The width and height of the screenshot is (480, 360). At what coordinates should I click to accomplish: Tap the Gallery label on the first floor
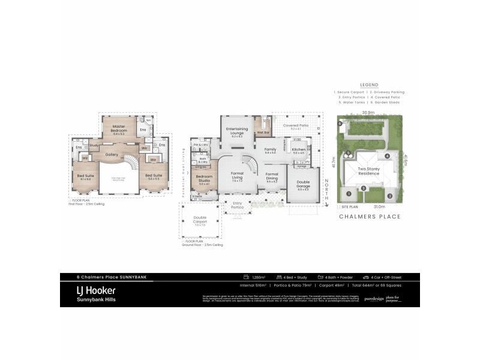[x=112, y=154]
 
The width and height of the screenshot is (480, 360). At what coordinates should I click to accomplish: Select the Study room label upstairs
[x=94, y=145]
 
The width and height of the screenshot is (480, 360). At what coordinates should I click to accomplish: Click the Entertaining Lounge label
[x=237, y=130]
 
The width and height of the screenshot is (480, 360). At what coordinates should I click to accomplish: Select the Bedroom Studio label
[x=203, y=181]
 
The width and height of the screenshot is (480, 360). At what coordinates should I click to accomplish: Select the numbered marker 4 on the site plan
[x=388, y=156]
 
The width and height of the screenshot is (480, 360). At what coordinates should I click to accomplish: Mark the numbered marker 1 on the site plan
[x=347, y=193]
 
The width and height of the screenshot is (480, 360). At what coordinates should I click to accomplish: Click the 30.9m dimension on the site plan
[x=368, y=112]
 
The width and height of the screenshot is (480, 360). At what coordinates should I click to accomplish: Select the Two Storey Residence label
[x=369, y=170]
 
